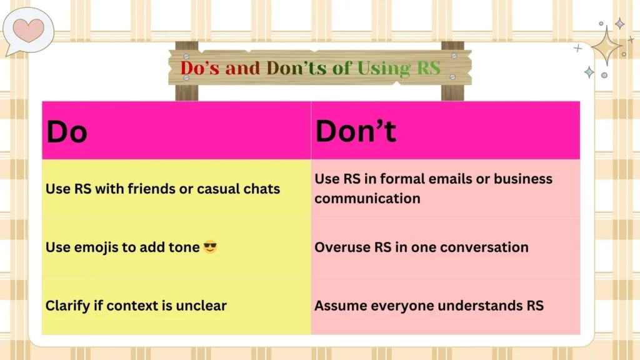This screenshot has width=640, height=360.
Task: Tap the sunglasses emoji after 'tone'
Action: point(210,247)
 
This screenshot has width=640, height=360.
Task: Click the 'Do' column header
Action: point(66,132)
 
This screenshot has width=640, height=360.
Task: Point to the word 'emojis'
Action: point(96,247)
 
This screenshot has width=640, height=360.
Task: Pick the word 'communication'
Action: point(367,199)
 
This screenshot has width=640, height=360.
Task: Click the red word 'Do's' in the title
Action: point(201,67)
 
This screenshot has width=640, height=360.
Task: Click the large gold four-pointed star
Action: point(606,45)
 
